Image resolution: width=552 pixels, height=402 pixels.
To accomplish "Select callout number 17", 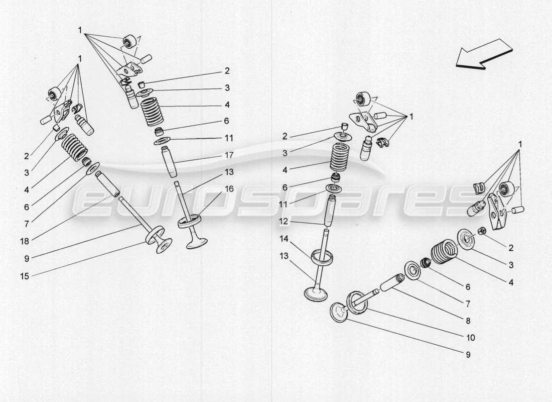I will pos(229,155).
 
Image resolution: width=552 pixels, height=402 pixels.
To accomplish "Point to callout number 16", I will pos(229,189).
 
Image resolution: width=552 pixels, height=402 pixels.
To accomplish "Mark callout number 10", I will pos(471,338).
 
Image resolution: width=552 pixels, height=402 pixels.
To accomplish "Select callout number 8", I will pos(468,321).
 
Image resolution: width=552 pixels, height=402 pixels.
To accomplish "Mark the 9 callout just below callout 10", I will pos(468,355).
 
